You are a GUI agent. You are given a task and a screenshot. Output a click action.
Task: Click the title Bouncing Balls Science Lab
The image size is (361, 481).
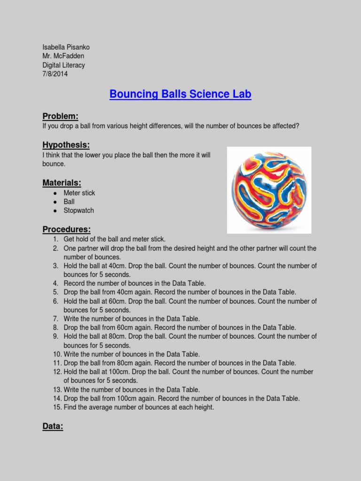tap(180, 94)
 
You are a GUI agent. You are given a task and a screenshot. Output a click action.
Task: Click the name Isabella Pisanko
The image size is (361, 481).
tap(66, 47)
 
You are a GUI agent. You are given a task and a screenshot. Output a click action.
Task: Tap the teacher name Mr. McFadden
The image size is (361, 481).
tap(63, 56)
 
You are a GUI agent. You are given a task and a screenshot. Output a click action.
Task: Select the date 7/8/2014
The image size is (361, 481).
tap(55, 74)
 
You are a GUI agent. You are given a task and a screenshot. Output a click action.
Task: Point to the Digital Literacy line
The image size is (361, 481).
tap(63, 65)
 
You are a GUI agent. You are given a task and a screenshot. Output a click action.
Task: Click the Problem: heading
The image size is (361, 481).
tap(60, 116)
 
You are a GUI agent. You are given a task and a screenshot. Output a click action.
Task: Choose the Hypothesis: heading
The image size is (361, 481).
tap(66, 145)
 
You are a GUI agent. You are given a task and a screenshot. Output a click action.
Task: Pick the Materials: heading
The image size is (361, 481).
tap(62, 182)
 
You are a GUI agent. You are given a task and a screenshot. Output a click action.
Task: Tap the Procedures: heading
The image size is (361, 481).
tap(66, 229)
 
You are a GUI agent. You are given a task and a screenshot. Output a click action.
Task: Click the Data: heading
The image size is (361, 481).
tap(53, 427)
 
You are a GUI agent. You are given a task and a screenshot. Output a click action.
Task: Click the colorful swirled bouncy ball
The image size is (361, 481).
tap(269, 190)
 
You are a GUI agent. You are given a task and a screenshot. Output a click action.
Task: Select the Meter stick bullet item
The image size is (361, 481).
tap(79, 193)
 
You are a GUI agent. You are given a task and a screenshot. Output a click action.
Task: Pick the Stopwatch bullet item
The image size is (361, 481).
tap(78, 210)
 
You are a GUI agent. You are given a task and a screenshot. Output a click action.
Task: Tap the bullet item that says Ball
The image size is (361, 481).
tap(69, 202)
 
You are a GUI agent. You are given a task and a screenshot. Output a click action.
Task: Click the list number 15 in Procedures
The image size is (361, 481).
tap(57, 407)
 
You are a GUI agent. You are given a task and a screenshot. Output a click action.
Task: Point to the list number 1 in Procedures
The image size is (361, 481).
tap(57, 239)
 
